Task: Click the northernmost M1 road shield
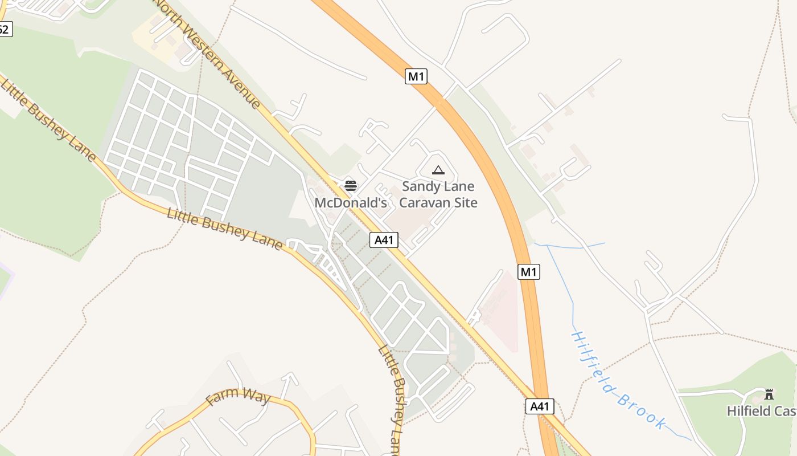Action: tap(416, 76)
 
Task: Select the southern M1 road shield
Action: tap(529, 272)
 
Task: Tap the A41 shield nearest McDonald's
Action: tap(384, 240)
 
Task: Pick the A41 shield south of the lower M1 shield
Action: tap(539, 406)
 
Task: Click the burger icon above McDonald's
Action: tap(351, 185)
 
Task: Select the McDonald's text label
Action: tap(351, 203)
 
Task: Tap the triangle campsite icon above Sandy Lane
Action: tap(438, 170)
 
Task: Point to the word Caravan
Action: tap(422, 203)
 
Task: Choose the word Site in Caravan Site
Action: tap(463, 203)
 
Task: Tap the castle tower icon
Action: tap(769, 394)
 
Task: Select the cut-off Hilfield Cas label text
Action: tap(761, 411)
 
